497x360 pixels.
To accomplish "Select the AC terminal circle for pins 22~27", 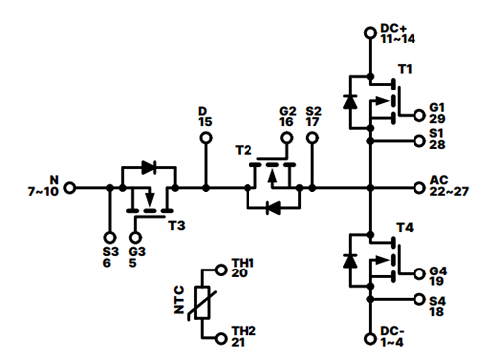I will point(418,186).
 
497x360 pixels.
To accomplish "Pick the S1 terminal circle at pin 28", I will point(418,140).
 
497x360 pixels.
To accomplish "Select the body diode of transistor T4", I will point(350,261).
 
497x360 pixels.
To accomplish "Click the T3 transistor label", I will point(176,226).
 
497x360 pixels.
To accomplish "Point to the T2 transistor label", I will point(243,149).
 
